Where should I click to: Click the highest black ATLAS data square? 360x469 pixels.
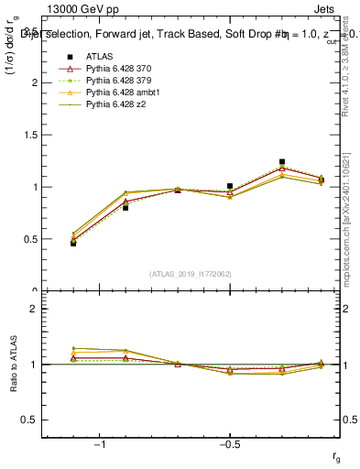point(282,162)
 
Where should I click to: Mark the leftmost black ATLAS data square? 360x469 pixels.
point(73,243)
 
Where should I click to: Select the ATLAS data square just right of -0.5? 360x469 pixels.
point(230,186)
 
